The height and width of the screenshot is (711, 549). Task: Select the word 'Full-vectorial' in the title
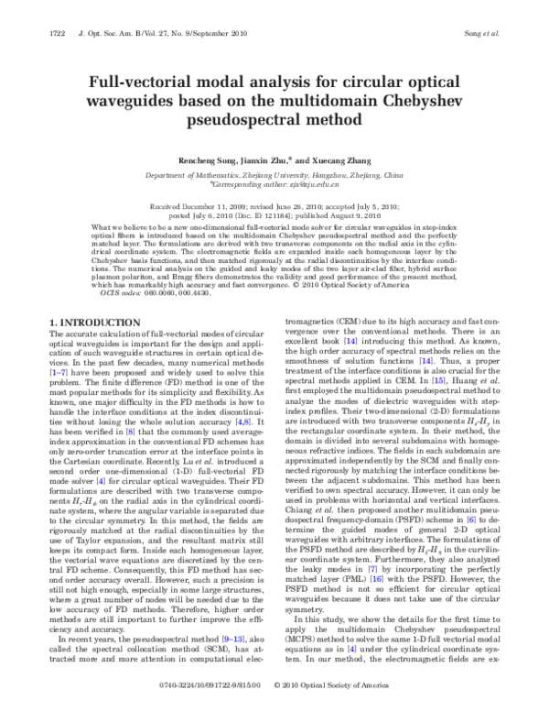click(146, 82)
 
